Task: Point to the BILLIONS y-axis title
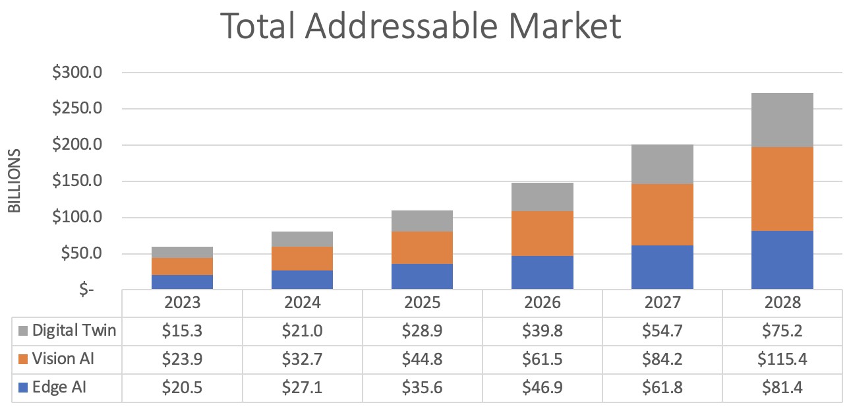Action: [x=15, y=181]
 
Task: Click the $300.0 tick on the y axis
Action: [x=77, y=73]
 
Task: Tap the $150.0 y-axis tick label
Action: [x=77, y=181]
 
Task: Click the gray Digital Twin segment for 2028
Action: [x=782, y=120]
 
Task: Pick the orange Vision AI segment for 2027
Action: [x=662, y=214]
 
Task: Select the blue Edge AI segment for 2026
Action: [x=542, y=272]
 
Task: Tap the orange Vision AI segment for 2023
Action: [x=182, y=266]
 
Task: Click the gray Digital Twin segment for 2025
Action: [x=422, y=221]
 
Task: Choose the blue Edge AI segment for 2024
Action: [x=302, y=280]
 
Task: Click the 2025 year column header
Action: [x=422, y=303]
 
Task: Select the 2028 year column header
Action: [x=782, y=303]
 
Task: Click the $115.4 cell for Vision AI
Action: [x=782, y=360]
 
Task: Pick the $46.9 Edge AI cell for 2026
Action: [x=542, y=388]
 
